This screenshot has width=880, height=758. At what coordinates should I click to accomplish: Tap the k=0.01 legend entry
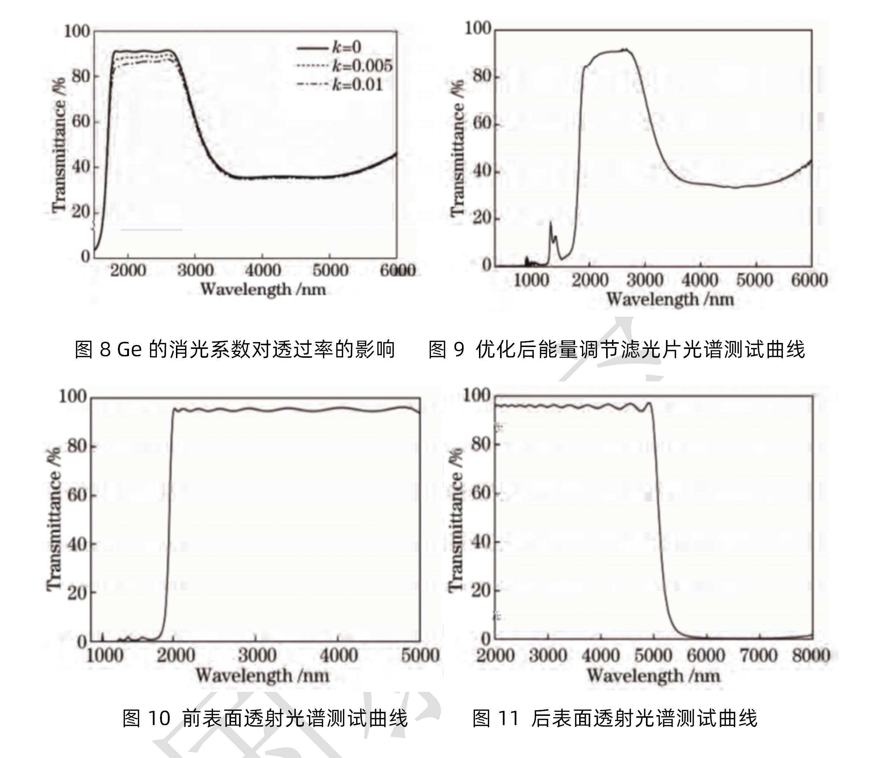coord(356,85)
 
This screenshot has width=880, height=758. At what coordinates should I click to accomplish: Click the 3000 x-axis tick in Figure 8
coord(195,270)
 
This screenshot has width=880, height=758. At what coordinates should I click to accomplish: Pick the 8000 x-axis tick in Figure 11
coord(811,656)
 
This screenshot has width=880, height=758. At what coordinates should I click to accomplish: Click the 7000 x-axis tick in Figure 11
coord(758,656)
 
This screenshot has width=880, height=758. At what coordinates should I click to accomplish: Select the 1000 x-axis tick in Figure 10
coord(105,656)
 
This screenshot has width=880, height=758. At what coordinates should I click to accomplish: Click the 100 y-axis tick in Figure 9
coord(478,29)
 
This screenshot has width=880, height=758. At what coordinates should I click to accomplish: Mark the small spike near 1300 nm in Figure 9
coord(551,222)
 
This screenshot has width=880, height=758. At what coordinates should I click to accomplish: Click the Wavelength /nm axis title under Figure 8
coord(263,290)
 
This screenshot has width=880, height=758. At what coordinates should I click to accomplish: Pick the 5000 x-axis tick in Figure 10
coord(419,656)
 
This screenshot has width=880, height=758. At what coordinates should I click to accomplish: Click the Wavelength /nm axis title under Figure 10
coord(262,675)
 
